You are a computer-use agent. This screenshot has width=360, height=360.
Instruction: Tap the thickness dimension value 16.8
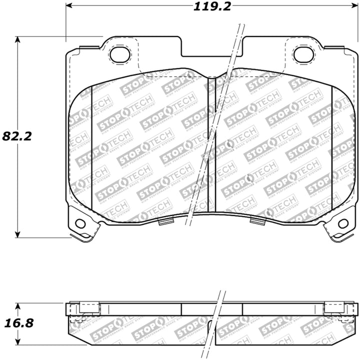tap(19, 323)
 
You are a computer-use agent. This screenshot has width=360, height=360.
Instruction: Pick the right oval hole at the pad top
tap(303, 54)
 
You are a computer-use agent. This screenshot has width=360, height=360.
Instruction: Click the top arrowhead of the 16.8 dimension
tap(18, 305)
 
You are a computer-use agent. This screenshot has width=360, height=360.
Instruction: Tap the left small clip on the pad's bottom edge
tap(166, 220)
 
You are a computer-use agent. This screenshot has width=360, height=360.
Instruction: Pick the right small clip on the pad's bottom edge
tap(256, 220)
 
